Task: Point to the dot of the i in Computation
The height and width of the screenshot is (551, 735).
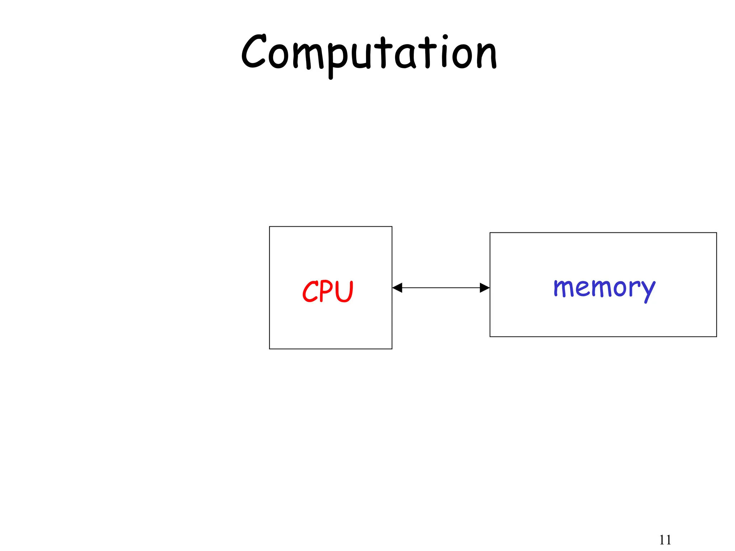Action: (445, 37)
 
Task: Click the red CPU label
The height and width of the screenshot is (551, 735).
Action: (328, 291)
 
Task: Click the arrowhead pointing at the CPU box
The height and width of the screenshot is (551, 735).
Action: (397, 288)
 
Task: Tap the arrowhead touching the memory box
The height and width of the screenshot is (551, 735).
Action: (485, 288)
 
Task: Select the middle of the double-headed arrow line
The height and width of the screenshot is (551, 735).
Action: (441, 288)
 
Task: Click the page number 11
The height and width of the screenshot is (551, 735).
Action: (665, 540)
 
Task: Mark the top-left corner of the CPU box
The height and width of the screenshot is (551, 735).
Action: (270, 226)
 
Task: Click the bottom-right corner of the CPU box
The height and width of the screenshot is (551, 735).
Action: (392, 349)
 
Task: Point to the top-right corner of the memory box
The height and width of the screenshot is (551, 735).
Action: (716, 233)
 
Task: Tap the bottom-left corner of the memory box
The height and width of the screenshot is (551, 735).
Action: (490, 336)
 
